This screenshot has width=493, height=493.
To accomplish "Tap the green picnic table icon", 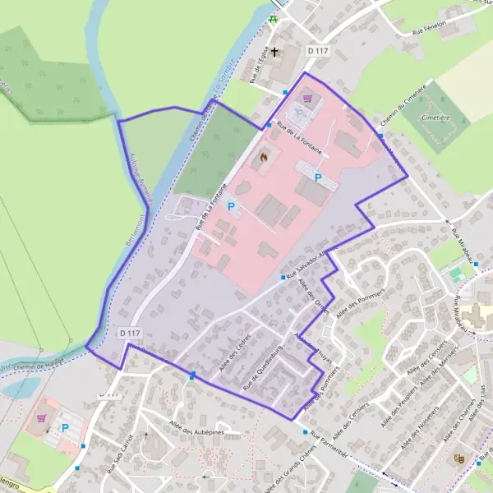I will [273, 19].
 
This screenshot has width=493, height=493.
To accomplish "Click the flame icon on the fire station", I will [264, 155].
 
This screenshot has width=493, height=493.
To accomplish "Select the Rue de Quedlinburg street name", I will [264, 370].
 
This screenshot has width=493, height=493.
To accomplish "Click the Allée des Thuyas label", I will [311, 345].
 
